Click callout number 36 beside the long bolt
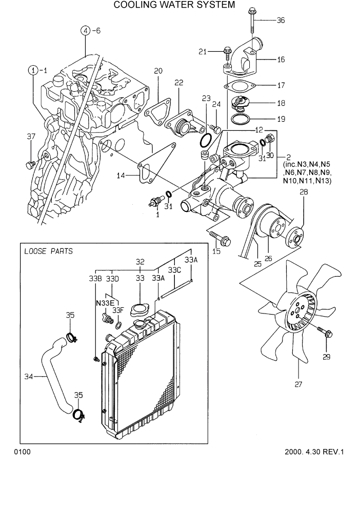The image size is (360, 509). [281, 21]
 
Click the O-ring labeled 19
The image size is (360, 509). [238, 120]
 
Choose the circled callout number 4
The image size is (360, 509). [85, 31]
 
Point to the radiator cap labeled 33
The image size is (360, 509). [139, 310]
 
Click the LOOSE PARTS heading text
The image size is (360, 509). [48, 251]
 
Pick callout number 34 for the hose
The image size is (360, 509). [29, 377]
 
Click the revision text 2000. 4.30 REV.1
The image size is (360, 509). [314, 452]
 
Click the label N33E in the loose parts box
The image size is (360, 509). [105, 303]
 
